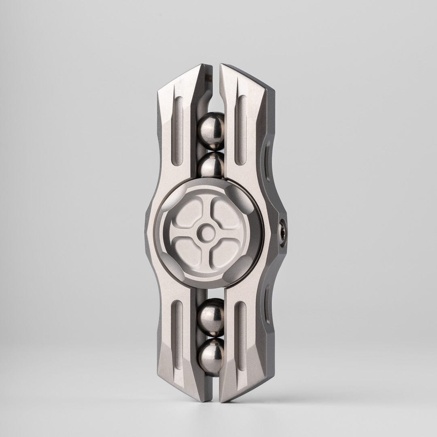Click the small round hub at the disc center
[x=208, y=232]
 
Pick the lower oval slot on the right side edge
[x=268, y=303]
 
